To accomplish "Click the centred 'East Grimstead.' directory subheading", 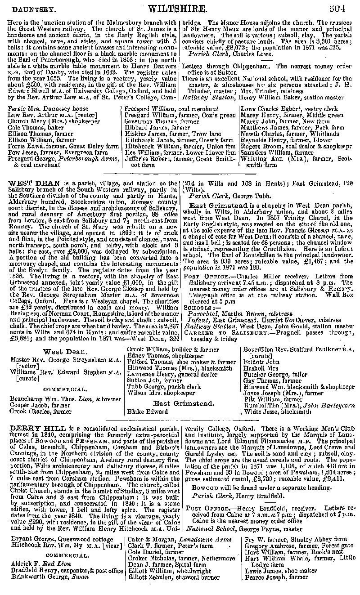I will [180, 403].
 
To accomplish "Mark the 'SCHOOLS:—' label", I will [199, 308].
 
